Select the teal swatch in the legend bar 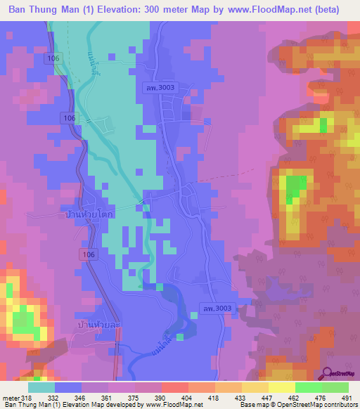(x=41, y=387)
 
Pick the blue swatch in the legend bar (x=68, y=387)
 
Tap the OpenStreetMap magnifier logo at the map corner (x=328, y=375)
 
